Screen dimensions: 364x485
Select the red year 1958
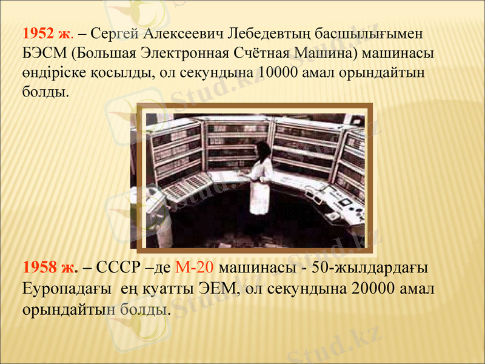pos(39,268)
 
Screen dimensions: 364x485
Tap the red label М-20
pos(193,268)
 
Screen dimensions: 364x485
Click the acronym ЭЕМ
pos(218,288)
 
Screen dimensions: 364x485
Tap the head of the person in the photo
pos(261,147)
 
